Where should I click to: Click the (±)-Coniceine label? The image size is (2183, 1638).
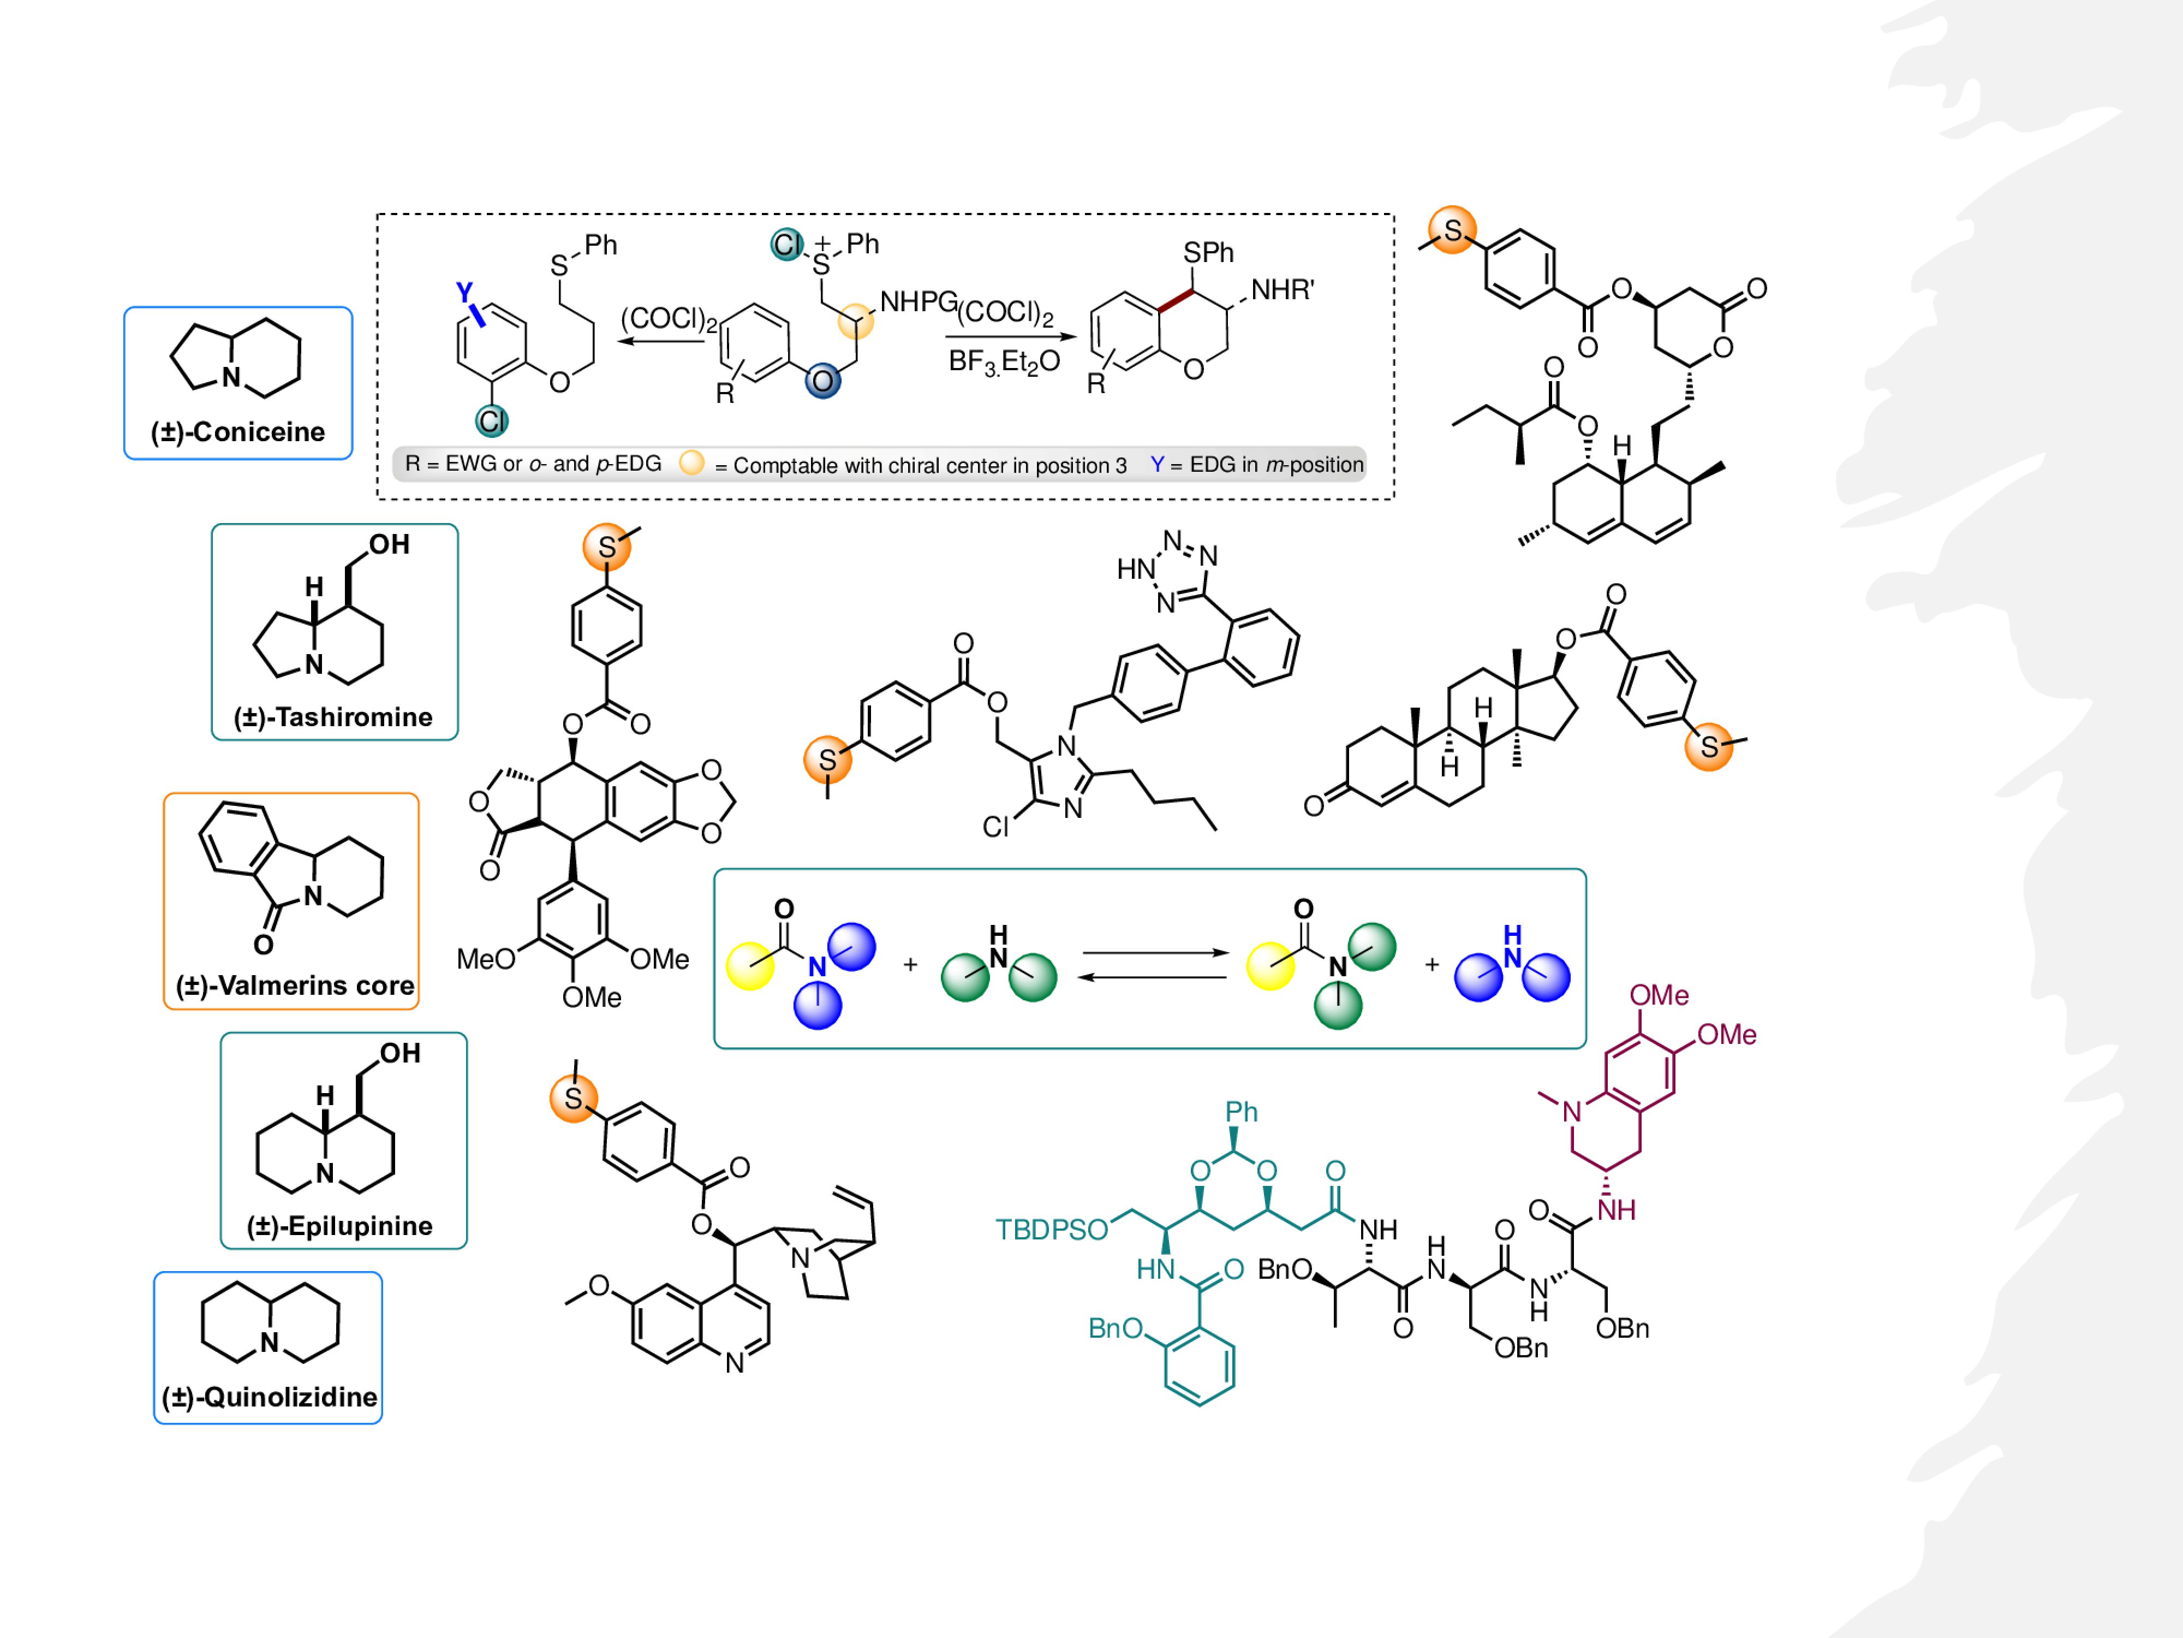[238, 431]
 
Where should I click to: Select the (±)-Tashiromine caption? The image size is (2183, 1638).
[333, 717]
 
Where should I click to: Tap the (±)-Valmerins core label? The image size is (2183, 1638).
[294, 986]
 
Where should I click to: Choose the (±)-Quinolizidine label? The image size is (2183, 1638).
[270, 1397]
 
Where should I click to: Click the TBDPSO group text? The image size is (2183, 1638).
[1051, 1229]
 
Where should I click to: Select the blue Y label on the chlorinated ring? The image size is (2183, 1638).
[464, 292]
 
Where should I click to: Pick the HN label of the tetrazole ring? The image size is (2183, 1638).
[1135, 569]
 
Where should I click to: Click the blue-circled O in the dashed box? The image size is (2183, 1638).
[822, 381]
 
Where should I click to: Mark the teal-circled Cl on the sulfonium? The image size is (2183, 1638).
[786, 244]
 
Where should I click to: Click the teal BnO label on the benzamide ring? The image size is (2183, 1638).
[1115, 1328]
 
